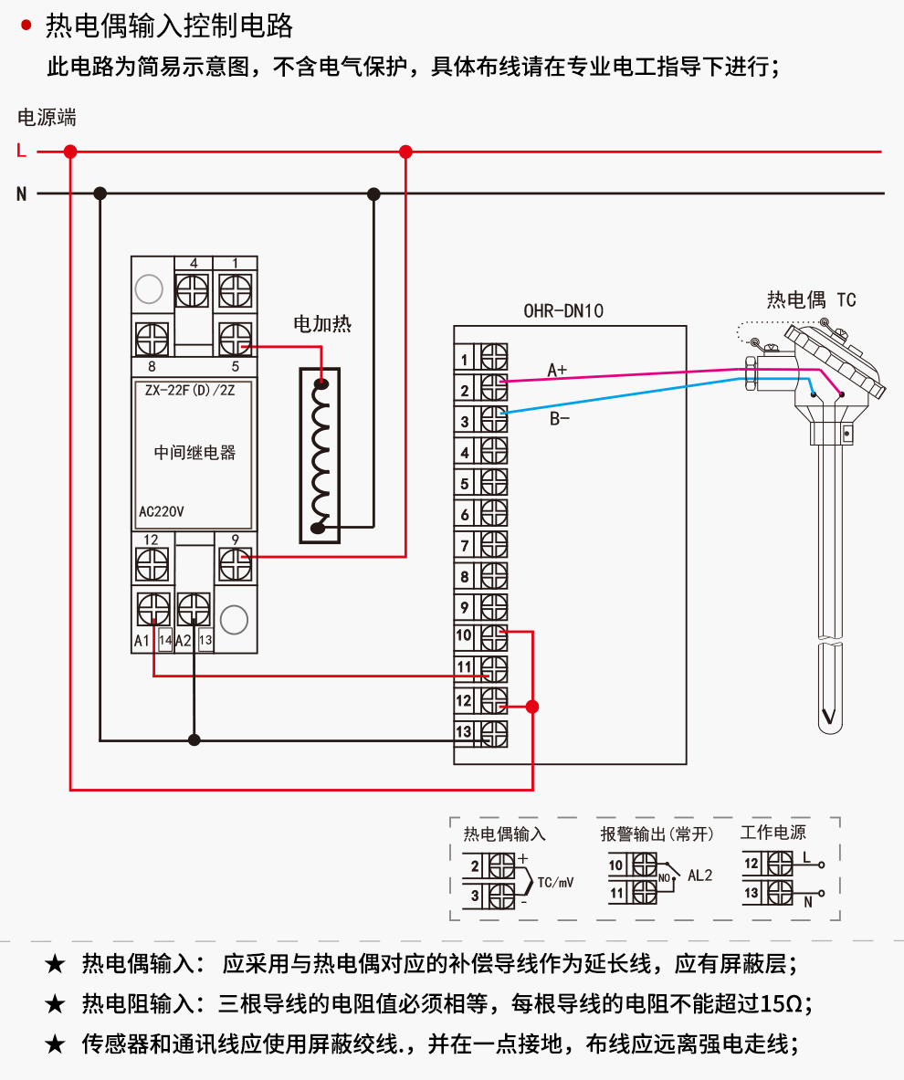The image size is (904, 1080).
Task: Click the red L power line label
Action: click(x=21, y=152)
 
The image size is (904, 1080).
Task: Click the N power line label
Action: click(x=21, y=194)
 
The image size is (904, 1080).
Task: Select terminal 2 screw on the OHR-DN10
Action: click(x=494, y=388)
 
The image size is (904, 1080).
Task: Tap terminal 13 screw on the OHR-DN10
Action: click(x=494, y=731)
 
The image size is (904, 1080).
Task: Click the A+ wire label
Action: click(x=557, y=370)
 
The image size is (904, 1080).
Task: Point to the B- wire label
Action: click(x=559, y=419)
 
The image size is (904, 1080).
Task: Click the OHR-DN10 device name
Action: click(x=563, y=310)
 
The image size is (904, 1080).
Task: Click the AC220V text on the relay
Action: click(x=161, y=512)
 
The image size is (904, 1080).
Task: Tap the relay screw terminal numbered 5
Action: click(x=236, y=339)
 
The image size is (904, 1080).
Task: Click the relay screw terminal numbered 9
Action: click(x=236, y=564)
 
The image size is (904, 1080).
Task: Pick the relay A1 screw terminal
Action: click(x=152, y=609)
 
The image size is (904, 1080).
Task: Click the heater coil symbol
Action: click(x=320, y=456)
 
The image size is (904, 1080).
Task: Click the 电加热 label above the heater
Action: click(x=321, y=323)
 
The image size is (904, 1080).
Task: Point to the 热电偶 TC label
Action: click(x=811, y=299)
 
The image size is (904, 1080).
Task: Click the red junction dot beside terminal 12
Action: click(x=532, y=707)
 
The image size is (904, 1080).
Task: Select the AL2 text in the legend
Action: click(x=699, y=875)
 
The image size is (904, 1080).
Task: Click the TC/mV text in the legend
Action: click(x=555, y=883)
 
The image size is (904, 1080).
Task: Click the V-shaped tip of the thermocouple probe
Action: click(x=828, y=716)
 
